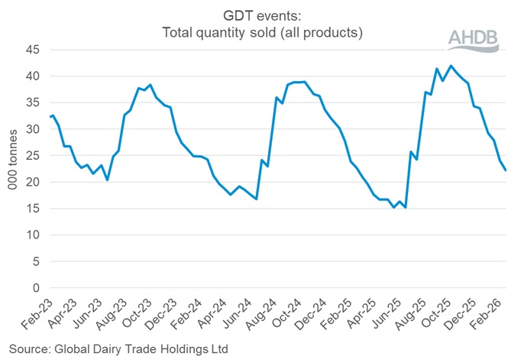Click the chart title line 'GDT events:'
(x=262, y=15)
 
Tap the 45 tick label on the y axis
(x=32, y=50)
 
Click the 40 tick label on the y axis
(x=32, y=76)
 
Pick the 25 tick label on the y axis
(x=32, y=156)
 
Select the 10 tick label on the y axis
(x=32, y=235)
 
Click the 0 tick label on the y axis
(x=35, y=288)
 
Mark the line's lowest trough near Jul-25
(x=406, y=208)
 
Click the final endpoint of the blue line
(x=506, y=170)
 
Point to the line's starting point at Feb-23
(x=50, y=117)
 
